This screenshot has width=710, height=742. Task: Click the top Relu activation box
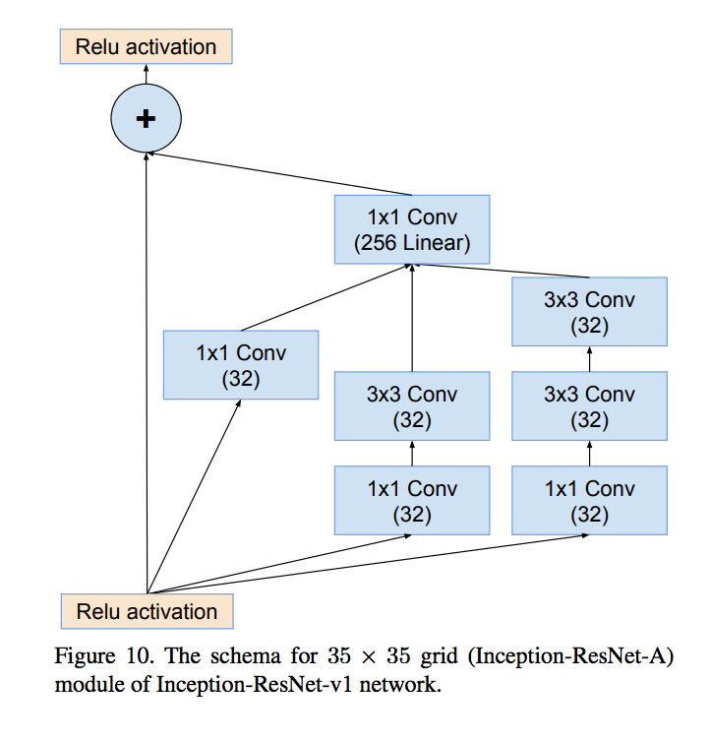(146, 47)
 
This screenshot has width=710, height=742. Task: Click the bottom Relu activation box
(147, 611)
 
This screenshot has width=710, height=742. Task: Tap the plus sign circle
(146, 118)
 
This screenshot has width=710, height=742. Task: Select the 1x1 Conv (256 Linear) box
(412, 229)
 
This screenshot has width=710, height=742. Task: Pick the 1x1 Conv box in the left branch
(241, 364)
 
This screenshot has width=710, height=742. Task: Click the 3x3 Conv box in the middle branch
(412, 405)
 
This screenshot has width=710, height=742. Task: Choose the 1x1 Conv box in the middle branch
(412, 501)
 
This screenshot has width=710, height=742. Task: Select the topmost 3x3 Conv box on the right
(589, 312)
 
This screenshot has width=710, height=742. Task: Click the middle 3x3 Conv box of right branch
(589, 405)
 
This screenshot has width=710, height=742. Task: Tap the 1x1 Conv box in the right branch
(589, 501)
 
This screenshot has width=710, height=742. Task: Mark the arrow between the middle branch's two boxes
(412, 453)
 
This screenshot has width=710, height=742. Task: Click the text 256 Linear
(412, 243)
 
